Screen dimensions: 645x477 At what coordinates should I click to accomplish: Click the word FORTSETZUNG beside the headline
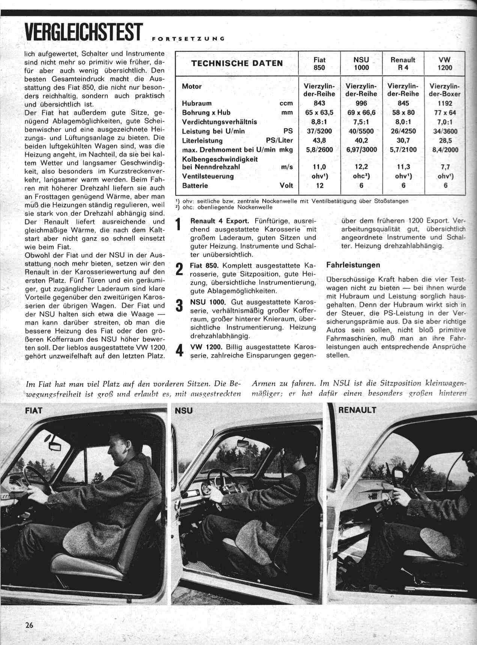point(189,38)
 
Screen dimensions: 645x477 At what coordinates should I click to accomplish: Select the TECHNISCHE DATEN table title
point(237,63)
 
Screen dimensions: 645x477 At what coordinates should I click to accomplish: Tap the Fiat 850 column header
point(319,64)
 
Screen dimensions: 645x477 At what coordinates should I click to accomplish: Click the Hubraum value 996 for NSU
point(361,103)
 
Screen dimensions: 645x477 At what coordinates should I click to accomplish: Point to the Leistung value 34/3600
point(445,131)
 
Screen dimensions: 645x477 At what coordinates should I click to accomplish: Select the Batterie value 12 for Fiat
point(319,186)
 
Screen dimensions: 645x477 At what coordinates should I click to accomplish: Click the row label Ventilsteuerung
point(208,176)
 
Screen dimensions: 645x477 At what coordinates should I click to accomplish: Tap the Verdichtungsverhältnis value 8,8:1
point(319,122)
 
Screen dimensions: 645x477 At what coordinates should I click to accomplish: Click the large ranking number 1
point(179,224)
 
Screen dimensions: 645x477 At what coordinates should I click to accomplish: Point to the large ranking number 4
point(179,351)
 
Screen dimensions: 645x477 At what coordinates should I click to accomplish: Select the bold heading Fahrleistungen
point(353,265)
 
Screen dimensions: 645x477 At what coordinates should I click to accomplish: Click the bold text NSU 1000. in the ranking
point(208,302)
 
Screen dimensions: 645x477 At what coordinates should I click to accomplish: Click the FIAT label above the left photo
point(33,410)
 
